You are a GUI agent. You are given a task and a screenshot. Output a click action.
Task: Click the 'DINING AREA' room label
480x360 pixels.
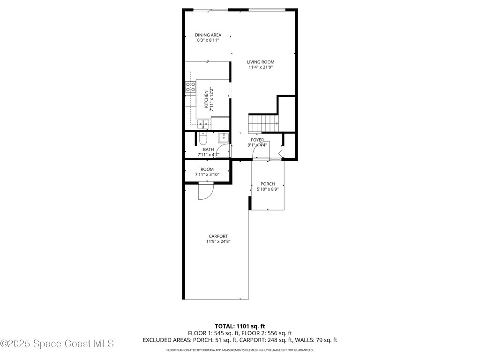(x=208, y=35)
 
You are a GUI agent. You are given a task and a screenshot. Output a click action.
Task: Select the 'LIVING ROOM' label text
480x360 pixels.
(x=261, y=62)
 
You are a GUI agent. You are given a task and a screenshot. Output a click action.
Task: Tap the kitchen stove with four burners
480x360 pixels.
(x=190, y=87)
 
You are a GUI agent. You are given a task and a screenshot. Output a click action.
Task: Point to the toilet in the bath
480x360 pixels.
(x=202, y=139)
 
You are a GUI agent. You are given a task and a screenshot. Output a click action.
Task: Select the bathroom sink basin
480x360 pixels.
(x=224, y=137)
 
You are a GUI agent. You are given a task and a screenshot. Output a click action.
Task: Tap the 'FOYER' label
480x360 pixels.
(x=257, y=140)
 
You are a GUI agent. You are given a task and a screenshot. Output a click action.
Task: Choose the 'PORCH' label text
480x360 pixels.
(x=268, y=184)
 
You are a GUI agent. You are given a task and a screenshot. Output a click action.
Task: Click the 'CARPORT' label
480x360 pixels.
(x=218, y=236)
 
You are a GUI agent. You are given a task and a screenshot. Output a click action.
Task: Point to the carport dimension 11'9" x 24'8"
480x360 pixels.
(x=218, y=241)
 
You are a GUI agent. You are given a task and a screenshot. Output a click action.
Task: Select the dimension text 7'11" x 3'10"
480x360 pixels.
(x=207, y=174)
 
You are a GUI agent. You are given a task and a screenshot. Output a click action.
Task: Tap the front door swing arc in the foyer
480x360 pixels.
(x=260, y=151)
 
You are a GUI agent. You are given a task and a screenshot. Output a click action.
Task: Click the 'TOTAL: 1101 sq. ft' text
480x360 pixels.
(x=240, y=326)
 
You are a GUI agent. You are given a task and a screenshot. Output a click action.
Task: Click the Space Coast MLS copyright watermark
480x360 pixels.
(x=57, y=344)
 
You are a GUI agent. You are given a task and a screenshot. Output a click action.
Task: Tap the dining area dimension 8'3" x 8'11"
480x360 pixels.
(x=208, y=40)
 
